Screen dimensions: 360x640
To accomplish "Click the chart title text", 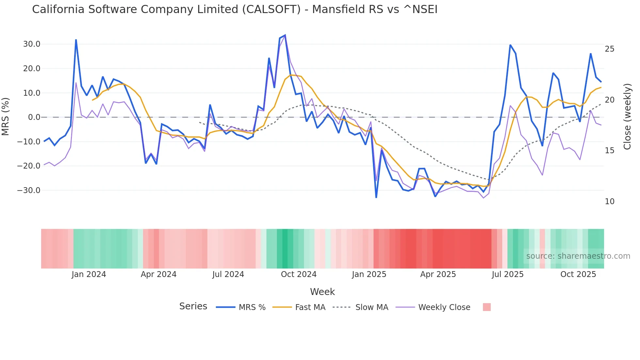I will tap(234, 9).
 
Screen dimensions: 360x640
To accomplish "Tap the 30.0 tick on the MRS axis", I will tap(32, 44).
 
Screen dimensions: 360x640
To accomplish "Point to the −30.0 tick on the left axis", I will tap(29, 190).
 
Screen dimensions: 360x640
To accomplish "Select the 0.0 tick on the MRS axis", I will tap(34, 117).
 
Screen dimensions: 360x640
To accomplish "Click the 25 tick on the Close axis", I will tap(609, 49).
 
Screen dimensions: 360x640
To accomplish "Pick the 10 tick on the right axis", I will tap(609, 202).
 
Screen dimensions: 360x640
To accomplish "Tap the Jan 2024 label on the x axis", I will tap(89, 274).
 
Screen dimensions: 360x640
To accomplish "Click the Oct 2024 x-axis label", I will tap(298, 274).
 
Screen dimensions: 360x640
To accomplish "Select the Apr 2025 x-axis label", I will tap(438, 274).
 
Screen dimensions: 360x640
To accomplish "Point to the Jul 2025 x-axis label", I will tap(507, 274).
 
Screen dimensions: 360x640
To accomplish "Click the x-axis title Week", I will tap(322, 292).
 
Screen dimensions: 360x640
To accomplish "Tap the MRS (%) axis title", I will tap(6, 116).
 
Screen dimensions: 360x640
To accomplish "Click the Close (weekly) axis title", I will tap(627, 116).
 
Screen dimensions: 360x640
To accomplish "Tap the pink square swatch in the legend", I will tap(487, 307).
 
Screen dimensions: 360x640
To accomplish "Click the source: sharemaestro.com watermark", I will tap(578, 256).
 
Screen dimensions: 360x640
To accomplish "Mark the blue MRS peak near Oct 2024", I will tap(285, 35).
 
